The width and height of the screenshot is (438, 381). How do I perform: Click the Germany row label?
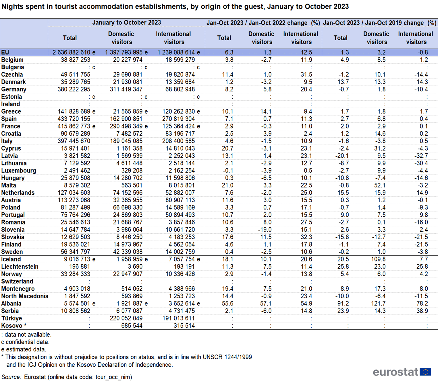coord(14,89)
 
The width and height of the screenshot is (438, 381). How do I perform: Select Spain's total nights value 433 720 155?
coord(74,119)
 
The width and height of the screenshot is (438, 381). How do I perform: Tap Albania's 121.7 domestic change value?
coord(378,303)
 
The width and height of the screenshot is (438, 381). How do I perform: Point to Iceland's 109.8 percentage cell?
coord(378,259)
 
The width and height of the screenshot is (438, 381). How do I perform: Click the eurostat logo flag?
coord(425,372)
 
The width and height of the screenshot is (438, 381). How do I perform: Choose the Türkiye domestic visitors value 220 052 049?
coord(126,318)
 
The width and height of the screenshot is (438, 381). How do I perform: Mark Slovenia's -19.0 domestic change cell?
coord(265,230)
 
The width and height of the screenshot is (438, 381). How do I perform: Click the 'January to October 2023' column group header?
coord(127,22)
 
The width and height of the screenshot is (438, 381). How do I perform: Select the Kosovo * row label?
coord(14,326)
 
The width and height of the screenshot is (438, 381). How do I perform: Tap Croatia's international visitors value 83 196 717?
coord(180,134)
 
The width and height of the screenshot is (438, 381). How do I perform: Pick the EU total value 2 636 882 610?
coord(72,53)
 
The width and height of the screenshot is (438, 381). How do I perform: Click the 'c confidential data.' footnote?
coord(25,342)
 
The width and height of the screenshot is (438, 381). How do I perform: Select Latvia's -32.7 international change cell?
coord(421,156)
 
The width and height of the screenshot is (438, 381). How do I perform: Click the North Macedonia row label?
coord(25,296)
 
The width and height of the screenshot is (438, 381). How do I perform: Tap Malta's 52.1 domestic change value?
coord(380,185)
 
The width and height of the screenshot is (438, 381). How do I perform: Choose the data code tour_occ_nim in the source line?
coord(113,377)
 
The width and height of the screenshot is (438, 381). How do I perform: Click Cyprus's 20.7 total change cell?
coord(227,149)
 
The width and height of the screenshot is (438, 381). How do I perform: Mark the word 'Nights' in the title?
coord(12,7)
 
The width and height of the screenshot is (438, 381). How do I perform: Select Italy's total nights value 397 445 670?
coord(74,141)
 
